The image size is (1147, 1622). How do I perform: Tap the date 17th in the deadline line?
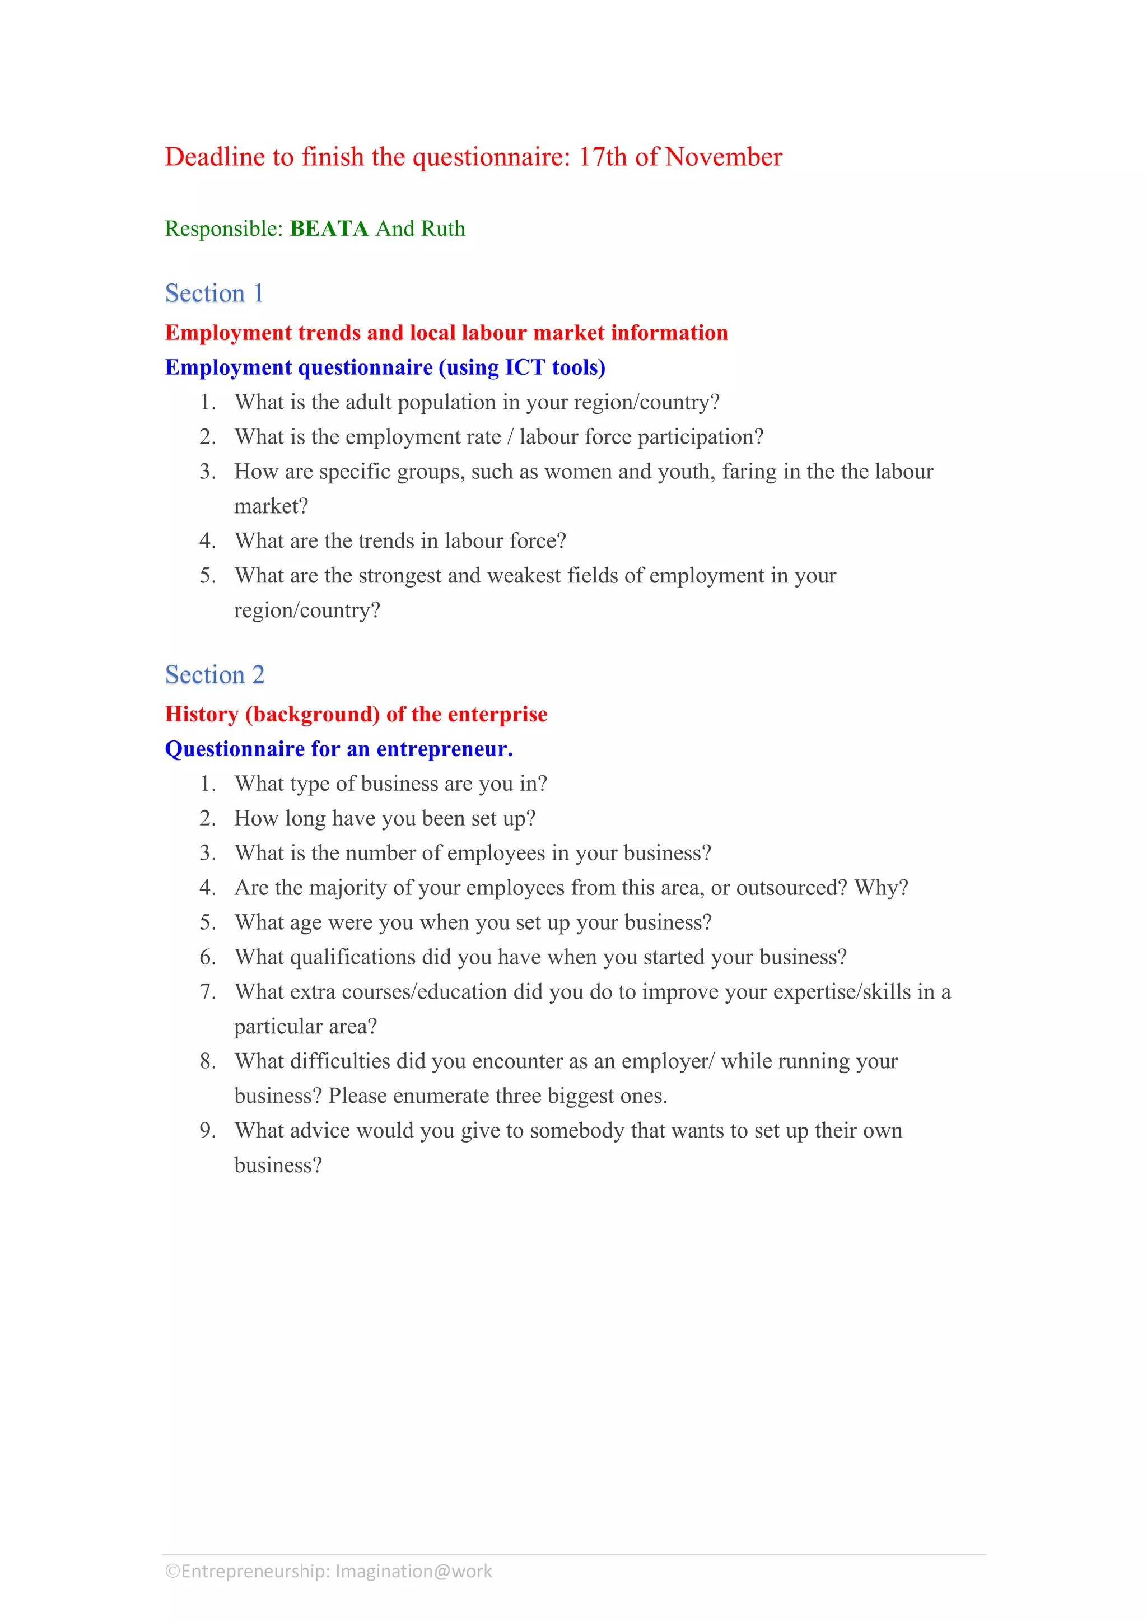point(603,157)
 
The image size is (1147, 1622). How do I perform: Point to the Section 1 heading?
point(214,293)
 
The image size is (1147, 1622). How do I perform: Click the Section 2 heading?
point(215,675)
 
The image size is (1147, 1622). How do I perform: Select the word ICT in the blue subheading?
point(525,367)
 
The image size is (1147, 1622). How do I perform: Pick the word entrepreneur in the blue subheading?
point(444,749)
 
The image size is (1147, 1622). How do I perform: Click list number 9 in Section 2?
point(207,1130)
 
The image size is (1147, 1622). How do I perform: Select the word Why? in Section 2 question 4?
point(882,887)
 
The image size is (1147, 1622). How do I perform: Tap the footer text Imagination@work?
point(413,1571)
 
